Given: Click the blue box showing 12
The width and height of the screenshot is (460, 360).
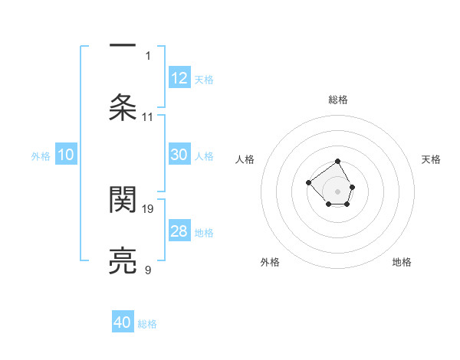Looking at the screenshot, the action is [179, 78].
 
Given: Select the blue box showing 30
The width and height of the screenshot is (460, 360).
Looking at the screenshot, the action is [179, 155].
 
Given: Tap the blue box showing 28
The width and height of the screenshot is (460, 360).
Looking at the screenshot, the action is [179, 231].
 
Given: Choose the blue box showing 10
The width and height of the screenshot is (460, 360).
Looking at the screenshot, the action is [66, 155].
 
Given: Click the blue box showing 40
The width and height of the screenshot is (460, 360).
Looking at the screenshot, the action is [123, 322].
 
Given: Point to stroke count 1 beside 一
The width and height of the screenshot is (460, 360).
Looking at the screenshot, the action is [148, 55].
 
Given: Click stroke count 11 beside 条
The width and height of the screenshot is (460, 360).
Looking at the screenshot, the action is [148, 117].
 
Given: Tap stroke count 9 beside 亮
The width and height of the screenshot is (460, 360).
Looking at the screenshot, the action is [148, 270].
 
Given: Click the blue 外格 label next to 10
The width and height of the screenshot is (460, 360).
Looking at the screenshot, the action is [41, 155].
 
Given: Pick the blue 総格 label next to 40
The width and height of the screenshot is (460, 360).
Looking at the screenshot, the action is [147, 323].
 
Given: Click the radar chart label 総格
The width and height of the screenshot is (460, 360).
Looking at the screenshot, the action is [338, 100].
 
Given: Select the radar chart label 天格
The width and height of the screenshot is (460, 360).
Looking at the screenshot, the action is [432, 159].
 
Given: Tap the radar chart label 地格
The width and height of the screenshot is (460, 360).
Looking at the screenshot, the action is [402, 263].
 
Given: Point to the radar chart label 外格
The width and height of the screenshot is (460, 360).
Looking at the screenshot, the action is [270, 263].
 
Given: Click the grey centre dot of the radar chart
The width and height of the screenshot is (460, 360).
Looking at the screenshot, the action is [337, 190].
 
